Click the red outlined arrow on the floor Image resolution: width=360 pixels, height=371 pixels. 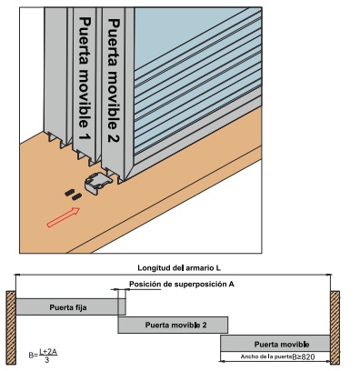pyautogui.click(x=64, y=217)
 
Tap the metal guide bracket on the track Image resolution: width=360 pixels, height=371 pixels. pyautogui.click(x=98, y=184)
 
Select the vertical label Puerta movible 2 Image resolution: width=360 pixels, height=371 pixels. pyautogui.click(x=115, y=80)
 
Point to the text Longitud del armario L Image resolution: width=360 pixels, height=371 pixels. pyautogui.click(x=179, y=268)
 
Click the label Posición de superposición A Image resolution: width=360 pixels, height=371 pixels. pyautogui.click(x=182, y=285)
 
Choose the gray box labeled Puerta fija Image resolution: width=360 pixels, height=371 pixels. pyautogui.click(x=71, y=306)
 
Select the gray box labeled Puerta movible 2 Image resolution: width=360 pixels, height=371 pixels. pyautogui.click(x=173, y=325)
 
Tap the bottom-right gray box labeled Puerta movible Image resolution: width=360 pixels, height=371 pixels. pyautogui.click(x=275, y=344)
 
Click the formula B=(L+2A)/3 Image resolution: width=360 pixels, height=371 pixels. pyautogui.click(x=43, y=356)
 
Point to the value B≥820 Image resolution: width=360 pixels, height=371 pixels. pyautogui.click(x=304, y=357)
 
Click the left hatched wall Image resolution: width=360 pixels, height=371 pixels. pyautogui.click(x=11, y=327)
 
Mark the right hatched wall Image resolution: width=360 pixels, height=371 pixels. pyautogui.click(x=335, y=327)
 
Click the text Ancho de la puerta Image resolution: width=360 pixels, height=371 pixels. pyautogui.click(x=266, y=356)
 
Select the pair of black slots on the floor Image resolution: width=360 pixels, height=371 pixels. pyautogui.click(x=73, y=195)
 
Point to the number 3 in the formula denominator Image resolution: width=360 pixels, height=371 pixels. pyautogui.click(x=46, y=360)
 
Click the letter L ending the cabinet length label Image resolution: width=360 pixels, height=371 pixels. pyautogui.click(x=218, y=268)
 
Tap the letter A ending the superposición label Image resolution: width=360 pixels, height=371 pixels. pyautogui.click(x=232, y=285)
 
